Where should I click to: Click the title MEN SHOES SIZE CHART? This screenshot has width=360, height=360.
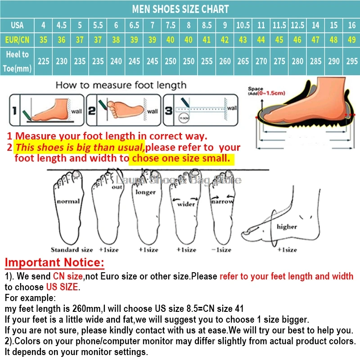tap(180, 9)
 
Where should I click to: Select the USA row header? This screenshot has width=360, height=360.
tap(17, 25)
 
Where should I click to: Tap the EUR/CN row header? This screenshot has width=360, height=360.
tap(17, 40)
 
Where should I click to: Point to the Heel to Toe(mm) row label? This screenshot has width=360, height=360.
tap(17, 60)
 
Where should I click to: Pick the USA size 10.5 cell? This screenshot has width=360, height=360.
tap(243, 25)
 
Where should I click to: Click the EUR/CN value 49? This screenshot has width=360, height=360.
tap(351, 40)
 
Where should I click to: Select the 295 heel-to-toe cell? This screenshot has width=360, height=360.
tap(351, 61)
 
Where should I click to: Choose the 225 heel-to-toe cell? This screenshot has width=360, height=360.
tap(43, 61)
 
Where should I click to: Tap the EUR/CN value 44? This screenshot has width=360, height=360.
tap(261, 40)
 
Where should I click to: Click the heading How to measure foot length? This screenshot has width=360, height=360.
tap(120, 85)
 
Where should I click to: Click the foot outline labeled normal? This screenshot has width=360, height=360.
tap(68, 207)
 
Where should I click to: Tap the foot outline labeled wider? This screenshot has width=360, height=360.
tap(186, 207)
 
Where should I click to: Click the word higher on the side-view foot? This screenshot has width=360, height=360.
tap(287, 226)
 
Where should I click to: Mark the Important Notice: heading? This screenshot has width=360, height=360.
tap(54, 262)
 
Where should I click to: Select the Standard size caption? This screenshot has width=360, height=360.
tap(72, 250)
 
